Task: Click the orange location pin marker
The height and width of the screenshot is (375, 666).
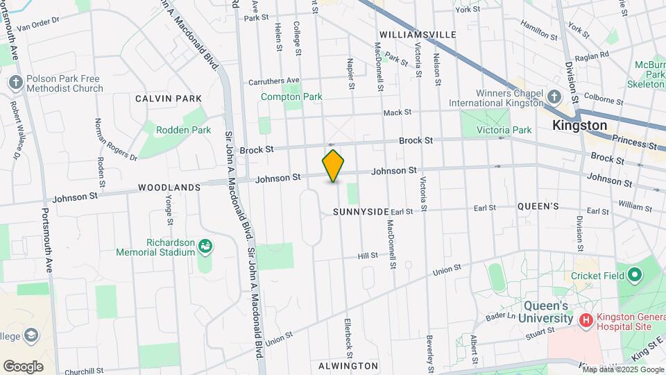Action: (333, 165)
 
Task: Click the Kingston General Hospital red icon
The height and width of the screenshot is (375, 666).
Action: (585, 319)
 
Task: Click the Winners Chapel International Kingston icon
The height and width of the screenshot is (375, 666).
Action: (554, 97)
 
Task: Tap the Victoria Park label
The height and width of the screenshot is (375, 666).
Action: (504, 130)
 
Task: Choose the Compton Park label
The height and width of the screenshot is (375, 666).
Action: (291, 97)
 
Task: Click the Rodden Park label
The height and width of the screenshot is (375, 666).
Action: (173, 130)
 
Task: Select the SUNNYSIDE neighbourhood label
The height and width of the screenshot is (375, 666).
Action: (361, 211)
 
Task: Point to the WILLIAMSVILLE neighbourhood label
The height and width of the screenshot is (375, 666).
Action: (418, 34)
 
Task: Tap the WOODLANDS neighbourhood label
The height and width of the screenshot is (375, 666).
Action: (169, 187)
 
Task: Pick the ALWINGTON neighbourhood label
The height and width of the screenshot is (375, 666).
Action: (348, 365)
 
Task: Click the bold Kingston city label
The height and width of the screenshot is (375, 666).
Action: (579, 126)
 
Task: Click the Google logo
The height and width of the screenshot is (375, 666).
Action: (23, 366)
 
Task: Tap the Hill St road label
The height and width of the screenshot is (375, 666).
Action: (368, 256)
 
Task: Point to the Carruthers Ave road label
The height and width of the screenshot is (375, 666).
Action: (275, 81)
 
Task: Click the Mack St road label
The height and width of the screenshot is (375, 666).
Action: (398, 112)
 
